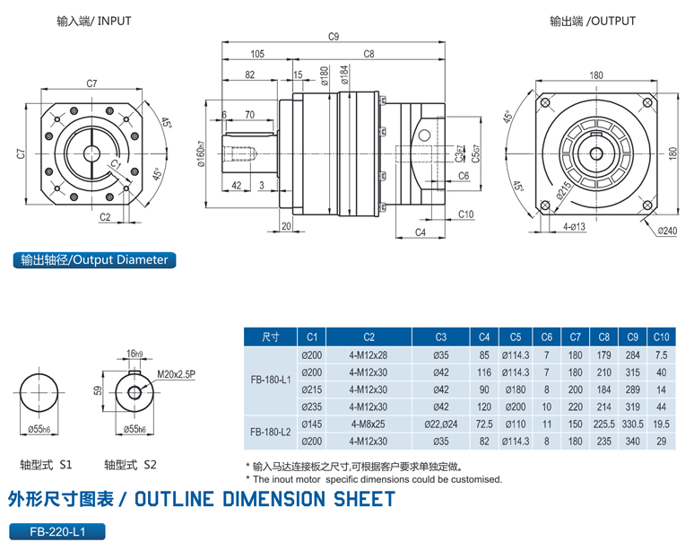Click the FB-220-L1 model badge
pyautogui.click(x=56, y=531)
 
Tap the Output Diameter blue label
pyautogui.click(x=94, y=260)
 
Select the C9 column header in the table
pyautogui.click(x=633, y=337)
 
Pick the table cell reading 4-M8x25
pyautogui.click(x=368, y=423)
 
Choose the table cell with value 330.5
pyautogui.click(x=633, y=423)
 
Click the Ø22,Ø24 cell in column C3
pyautogui.click(x=440, y=423)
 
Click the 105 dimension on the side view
pyautogui.click(x=257, y=54)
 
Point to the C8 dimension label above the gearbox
pyautogui.click(x=369, y=54)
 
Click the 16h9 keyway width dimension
pyautogui.click(x=135, y=354)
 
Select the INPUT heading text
pyautogui.click(x=112, y=21)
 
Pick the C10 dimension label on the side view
pyautogui.click(x=465, y=214)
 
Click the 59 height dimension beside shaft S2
pyautogui.click(x=96, y=389)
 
